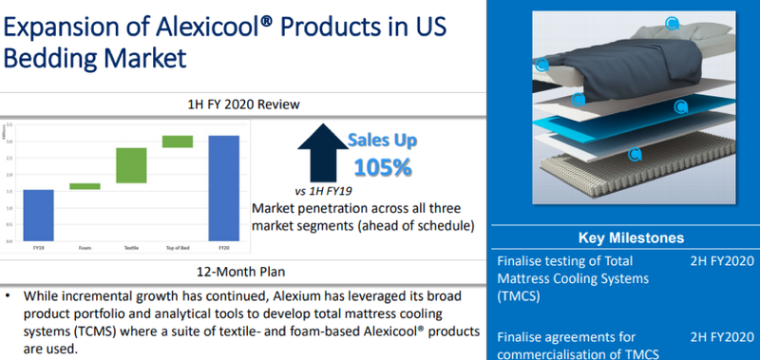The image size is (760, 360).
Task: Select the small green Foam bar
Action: tap(85, 186)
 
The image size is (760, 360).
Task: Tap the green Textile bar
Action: tap(131, 165)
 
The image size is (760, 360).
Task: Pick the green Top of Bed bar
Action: tap(178, 142)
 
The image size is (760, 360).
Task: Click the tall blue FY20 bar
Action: tap(223, 187)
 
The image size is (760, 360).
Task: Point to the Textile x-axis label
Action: tap(131, 248)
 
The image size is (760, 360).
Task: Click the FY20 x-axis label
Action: tap(223, 248)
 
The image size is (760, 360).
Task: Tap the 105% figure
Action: tap(382, 168)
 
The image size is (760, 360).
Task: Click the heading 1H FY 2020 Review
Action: tap(244, 104)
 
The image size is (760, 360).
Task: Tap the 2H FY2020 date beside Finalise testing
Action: tap(722, 260)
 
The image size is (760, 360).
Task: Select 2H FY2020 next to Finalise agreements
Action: tap(722, 336)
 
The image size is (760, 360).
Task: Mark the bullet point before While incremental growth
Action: tap(9, 295)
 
